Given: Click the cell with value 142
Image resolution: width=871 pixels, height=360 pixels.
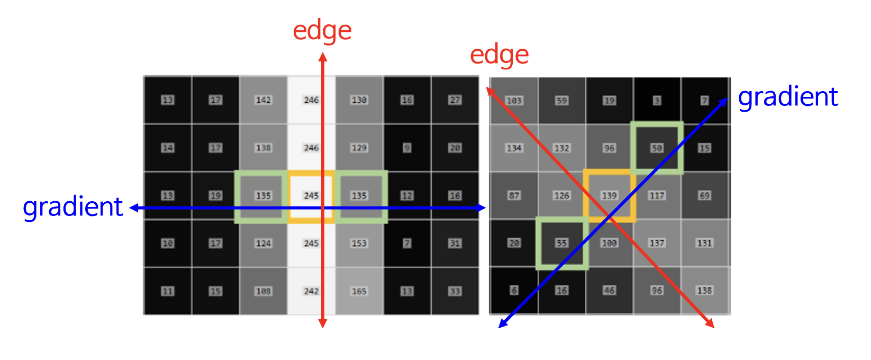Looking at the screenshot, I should (x=263, y=100).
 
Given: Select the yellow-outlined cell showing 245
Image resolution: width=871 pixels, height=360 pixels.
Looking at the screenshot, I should (x=311, y=195).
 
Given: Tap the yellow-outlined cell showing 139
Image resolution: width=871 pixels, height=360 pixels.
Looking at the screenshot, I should (x=609, y=195).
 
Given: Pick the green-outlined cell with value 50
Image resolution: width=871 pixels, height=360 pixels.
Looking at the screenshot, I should (x=657, y=148).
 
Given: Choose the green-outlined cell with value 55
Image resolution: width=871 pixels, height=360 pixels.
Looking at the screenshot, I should (x=561, y=243).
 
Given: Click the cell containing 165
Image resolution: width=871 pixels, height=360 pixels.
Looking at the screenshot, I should (x=359, y=291).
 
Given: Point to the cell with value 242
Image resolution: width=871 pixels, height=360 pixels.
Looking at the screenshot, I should (x=311, y=291).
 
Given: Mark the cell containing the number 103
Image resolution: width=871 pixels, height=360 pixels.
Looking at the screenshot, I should (x=514, y=101).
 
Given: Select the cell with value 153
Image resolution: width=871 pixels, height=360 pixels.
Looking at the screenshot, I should (x=359, y=243).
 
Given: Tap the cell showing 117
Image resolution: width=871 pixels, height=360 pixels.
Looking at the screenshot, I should (x=657, y=195).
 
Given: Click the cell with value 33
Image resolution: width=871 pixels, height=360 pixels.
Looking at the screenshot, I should (x=455, y=291).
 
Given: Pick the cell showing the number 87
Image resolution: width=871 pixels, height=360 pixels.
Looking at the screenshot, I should (x=514, y=195).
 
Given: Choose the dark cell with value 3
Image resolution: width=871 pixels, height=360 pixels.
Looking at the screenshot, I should (x=657, y=101).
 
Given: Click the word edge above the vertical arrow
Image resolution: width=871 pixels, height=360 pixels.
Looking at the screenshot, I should (x=322, y=31).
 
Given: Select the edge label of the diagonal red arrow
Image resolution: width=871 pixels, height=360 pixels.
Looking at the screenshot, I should (x=499, y=55).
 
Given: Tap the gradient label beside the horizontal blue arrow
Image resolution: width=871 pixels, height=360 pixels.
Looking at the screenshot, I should (x=72, y=206).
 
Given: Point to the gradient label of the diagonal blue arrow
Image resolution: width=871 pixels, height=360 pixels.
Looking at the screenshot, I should (x=787, y=97).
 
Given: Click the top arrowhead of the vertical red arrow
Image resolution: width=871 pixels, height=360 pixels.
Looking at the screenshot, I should (x=323, y=55).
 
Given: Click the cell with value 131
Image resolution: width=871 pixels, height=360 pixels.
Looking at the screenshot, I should (x=704, y=243).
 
